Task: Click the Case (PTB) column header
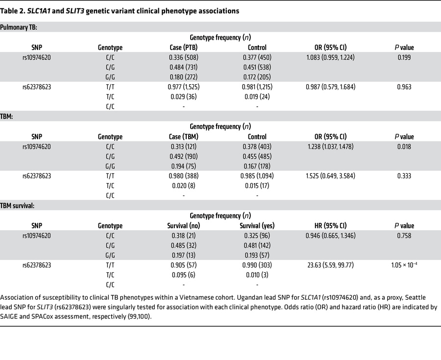[x=183, y=48]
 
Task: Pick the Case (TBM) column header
[x=183, y=137]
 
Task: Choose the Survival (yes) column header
[x=257, y=226]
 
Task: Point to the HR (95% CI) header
[x=330, y=226]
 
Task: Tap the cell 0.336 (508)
[x=183, y=57]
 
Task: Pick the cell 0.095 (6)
[x=183, y=275]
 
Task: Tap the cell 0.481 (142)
[x=257, y=245]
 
